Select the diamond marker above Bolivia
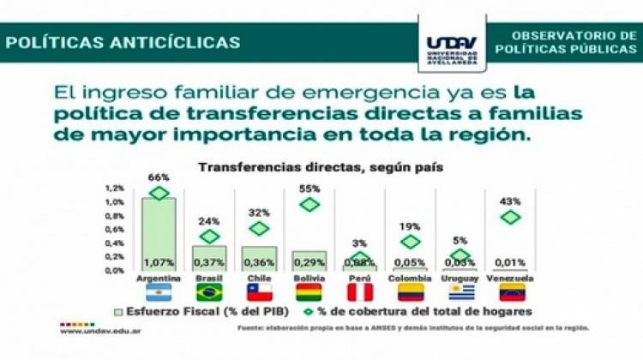click(x=309, y=204)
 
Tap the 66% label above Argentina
click(x=158, y=177)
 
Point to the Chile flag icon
click(x=259, y=293)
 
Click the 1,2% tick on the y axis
click(x=114, y=188)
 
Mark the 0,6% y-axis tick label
click(x=114, y=229)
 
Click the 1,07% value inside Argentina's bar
click(x=159, y=261)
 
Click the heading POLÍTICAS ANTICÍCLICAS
click(x=123, y=42)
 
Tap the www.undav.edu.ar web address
click(x=99, y=334)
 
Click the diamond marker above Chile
click(x=259, y=228)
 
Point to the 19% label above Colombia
click(x=410, y=226)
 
